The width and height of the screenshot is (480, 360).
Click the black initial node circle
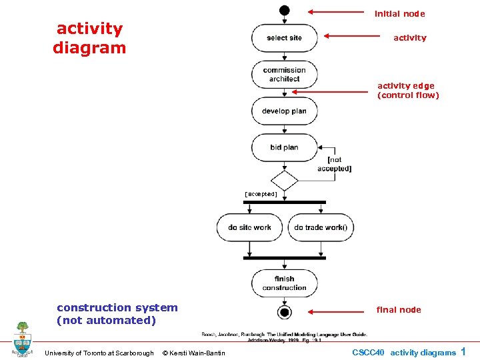[285, 10]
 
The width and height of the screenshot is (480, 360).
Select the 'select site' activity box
[285, 38]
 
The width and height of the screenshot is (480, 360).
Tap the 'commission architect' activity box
[285, 75]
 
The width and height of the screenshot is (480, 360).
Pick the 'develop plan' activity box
[285, 111]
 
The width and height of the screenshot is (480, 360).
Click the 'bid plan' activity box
[285, 147]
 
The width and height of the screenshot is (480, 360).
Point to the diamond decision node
[285, 180]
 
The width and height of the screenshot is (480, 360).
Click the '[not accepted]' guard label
[335, 164]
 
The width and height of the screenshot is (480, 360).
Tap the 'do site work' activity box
[249, 227]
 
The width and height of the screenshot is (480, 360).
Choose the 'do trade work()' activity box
[321, 227]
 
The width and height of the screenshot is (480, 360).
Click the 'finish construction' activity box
[285, 283]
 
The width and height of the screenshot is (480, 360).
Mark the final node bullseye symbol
[285, 312]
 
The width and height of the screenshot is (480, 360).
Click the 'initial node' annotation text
[399, 13]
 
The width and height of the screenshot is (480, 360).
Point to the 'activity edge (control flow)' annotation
[408, 90]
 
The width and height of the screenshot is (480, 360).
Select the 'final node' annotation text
[399, 309]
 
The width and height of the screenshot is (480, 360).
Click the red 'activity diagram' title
[89, 38]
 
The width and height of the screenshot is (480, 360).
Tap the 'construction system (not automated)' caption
[117, 314]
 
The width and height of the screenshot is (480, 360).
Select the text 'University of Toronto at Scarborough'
[99, 353]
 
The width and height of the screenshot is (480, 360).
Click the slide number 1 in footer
[463, 351]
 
